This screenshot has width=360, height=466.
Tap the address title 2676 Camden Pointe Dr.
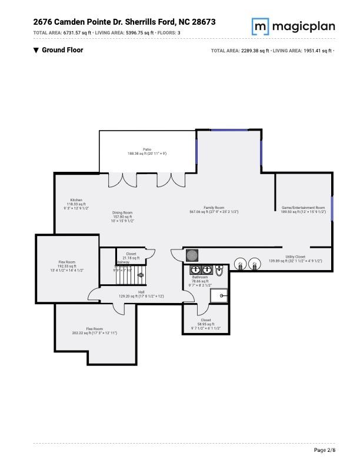[124, 22]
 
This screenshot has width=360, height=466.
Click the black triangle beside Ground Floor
[36, 51]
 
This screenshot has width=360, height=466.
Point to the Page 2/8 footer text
[325, 450]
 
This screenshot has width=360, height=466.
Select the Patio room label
[147, 149]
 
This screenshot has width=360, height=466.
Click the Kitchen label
[76, 200]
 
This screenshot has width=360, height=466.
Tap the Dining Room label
[123, 212]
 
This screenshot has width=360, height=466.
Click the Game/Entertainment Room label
[303, 208]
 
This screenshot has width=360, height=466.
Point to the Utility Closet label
[295, 257]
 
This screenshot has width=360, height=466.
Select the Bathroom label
[200, 277]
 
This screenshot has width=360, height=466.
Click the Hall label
[141, 291]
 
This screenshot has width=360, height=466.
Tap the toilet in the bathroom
[219, 272]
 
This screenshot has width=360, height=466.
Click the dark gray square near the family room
[192, 255]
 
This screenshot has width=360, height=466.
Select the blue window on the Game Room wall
[332, 208]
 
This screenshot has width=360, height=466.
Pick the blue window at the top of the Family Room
[229, 130]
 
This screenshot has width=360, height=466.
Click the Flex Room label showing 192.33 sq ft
[66, 262]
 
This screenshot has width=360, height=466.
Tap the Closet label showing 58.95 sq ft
[206, 321]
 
